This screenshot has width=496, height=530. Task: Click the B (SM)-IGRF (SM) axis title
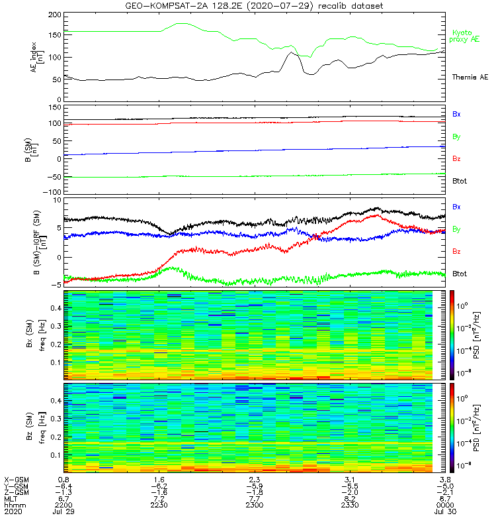tap(36, 242)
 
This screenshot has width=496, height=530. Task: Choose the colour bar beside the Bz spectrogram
tap(453, 427)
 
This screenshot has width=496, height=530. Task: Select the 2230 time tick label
tap(159, 505)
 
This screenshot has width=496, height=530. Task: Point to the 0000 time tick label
tap(445, 505)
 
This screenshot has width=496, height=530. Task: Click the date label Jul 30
tap(445, 512)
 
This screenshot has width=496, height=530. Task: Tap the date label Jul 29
tap(64, 512)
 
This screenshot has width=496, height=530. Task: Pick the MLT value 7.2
tap(159, 499)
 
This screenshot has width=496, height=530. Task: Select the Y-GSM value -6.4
tap(63, 486)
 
